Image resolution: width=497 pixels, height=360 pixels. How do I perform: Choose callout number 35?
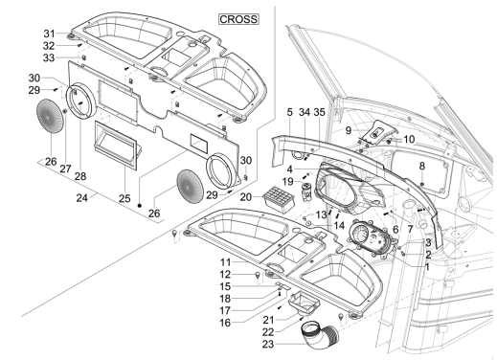pos(322,112)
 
